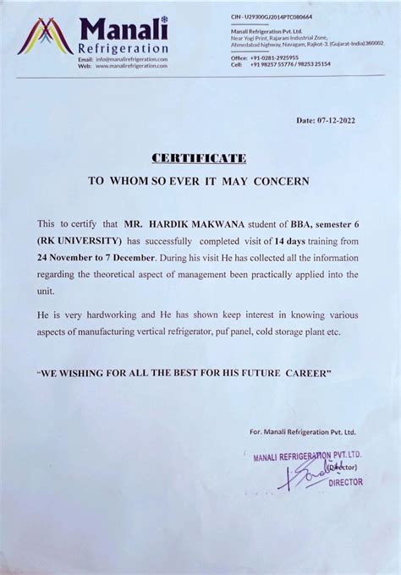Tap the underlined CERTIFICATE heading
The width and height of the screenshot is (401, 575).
tap(199, 157)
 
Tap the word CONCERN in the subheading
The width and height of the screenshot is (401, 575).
tap(283, 180)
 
